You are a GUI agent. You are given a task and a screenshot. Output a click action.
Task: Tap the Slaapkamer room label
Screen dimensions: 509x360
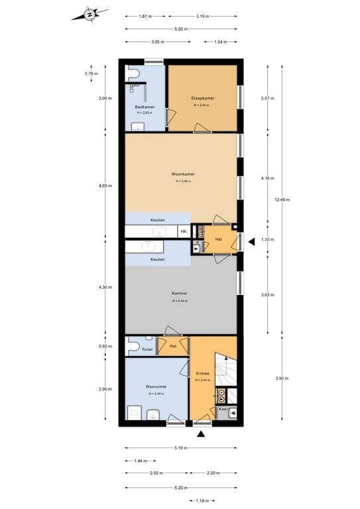[202, 98]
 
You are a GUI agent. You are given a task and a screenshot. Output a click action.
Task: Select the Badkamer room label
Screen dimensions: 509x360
[145, 107]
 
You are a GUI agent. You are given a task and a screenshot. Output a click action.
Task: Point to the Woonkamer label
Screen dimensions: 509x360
[183, 174]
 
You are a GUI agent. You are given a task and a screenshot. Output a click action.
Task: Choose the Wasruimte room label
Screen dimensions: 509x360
[156, 386]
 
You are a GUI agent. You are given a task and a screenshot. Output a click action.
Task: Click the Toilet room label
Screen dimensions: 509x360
[147, 349]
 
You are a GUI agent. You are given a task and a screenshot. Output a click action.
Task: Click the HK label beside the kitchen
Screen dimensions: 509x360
[184, 231]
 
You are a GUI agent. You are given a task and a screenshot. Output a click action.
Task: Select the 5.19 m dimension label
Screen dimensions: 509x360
[180, 448]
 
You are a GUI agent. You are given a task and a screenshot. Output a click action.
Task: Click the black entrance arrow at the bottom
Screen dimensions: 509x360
[201, 434]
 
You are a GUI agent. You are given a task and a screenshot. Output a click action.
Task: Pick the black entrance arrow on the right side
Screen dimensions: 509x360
[251, 243]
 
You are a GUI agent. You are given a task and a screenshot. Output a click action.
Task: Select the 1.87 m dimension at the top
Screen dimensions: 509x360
[145, 16]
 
